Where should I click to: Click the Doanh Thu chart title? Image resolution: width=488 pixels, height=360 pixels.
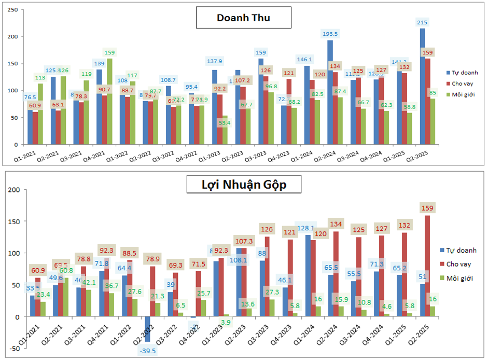tap(243, 18)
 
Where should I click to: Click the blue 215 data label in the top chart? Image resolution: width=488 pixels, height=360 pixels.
tap(423, 22)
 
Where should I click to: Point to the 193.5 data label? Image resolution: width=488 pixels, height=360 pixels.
tap(330, 34)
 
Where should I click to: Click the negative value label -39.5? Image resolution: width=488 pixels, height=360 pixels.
tap(148, 351)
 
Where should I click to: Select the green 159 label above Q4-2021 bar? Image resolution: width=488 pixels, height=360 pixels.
tap(109, 52)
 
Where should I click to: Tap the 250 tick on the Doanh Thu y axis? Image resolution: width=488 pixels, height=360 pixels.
tap(16, 10)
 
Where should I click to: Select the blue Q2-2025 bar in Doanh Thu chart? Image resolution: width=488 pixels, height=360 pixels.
tap(422, 86)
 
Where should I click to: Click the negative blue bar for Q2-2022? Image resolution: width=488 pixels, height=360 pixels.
tap(147, 329)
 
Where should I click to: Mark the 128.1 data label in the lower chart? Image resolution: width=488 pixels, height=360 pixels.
tap(306, 228)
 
